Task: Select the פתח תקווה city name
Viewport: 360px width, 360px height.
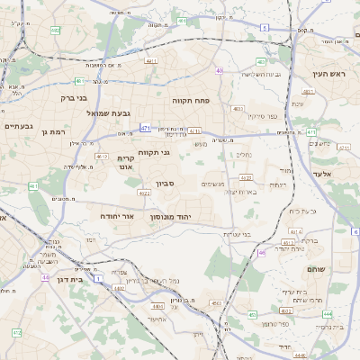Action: coord(191,102)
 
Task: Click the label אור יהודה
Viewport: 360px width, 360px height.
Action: coord(140,217)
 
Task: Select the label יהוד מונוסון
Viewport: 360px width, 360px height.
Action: coord(193,218)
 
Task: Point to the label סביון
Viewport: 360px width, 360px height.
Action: coord(166,184)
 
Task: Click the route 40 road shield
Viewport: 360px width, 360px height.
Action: coord(220,70)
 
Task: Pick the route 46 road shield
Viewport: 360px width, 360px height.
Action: coord(262,253)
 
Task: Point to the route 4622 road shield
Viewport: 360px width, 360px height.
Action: coord(144,193)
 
